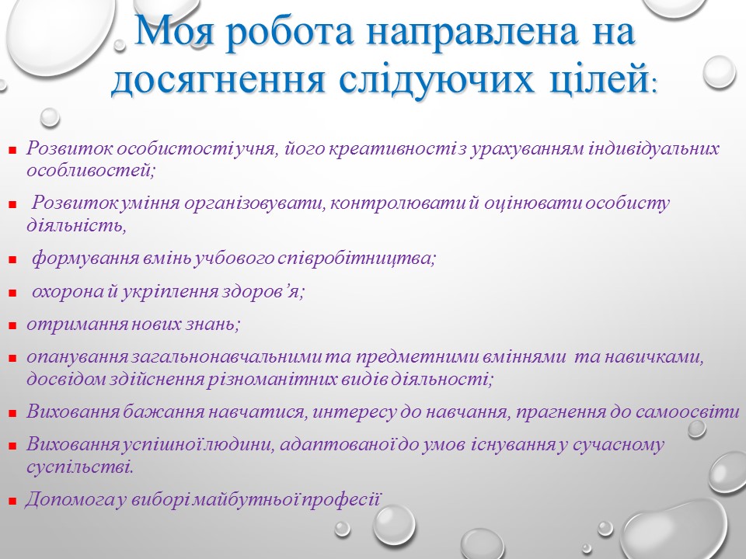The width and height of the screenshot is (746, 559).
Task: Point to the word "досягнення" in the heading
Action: [x=218, y=80]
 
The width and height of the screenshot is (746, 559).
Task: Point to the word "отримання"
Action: [x=77, y=325]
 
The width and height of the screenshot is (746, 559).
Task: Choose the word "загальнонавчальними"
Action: [x=228, y=357]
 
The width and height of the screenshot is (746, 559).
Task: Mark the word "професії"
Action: [x=342, y=500]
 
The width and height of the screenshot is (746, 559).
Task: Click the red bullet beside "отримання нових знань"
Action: [x=13, y=326]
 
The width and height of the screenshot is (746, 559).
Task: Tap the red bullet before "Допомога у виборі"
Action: [x=13, y=502]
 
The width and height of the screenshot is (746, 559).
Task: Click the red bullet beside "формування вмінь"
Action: [x=13, y=261]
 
